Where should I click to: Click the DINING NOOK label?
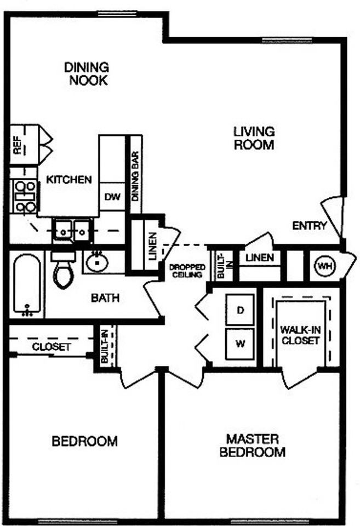(x=87, y=74)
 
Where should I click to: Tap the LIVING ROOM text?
(x=253, y=139)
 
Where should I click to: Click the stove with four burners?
(x=25, y=196)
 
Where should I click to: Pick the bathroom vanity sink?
(x=98, y=261)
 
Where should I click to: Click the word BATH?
(x=105, y=299)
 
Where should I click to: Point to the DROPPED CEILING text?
(x=186, y=270)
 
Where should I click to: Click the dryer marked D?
(x=240, y=310)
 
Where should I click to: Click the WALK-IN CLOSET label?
(x=299, y=335)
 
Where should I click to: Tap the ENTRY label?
(x=310, y=225)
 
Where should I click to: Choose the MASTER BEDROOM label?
(x=253, y=445)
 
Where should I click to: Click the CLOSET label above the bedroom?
(x=51, y=347)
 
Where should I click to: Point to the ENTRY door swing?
(x=333, y=216)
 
